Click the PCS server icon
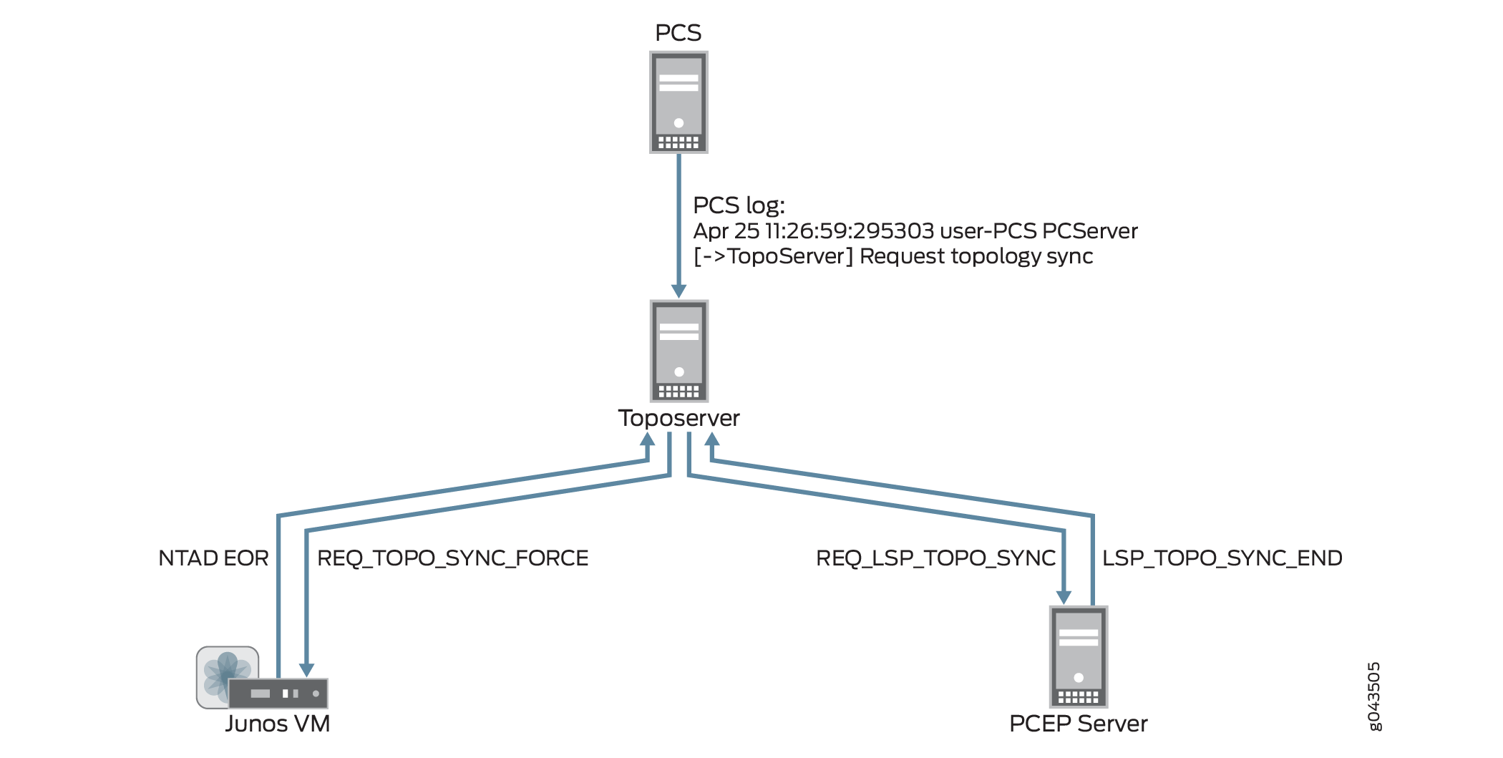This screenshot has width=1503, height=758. tap(678, 102)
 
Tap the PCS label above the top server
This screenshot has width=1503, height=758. tap(678, 33)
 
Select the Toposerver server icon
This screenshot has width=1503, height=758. tap(678, 351)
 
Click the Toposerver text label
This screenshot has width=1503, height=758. tap(678, 418)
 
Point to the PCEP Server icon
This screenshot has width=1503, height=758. tap(1078, 657)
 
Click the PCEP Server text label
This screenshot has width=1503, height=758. tap(1078, 724)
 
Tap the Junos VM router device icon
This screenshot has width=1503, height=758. tap(278, 693)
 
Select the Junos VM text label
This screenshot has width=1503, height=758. tap(278, 724)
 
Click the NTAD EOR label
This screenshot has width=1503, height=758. tap(213, 558)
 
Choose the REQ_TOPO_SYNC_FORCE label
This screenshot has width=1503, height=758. tap(452, 558)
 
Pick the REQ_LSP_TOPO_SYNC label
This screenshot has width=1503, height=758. tap(935, 558)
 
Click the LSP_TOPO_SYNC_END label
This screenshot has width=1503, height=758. tap(1222, 558)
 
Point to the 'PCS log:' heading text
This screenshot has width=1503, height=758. tap(739, 205)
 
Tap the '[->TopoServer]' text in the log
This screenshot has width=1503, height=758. tap(773, 256)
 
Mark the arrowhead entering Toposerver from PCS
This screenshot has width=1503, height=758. tap(678, 291)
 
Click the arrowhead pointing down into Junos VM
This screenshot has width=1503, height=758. tap(306, 669)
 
